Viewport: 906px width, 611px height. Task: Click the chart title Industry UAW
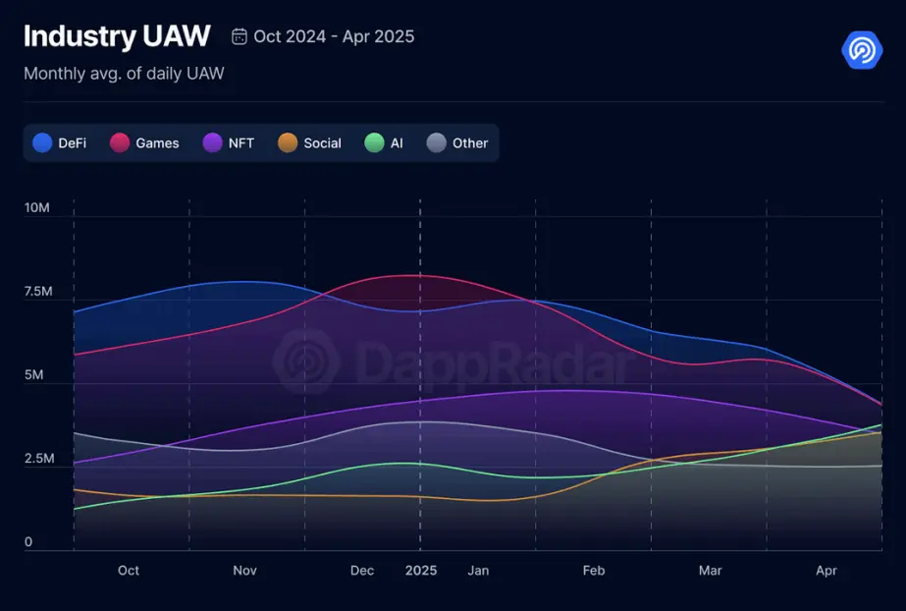[116, 36]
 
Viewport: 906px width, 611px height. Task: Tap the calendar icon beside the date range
[240, 37]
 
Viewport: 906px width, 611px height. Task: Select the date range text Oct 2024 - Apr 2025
[334, 37]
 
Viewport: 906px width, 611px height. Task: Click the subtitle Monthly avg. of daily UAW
[124, 74]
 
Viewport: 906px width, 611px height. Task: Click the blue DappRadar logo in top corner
[862, 49]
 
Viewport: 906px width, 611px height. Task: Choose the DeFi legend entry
[60, 143]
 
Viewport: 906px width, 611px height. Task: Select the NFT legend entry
[229, 143]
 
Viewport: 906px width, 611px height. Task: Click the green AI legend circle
[374, 143]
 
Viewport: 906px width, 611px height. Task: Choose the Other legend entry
[457, 143]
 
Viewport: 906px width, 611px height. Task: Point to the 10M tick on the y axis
[37, 208]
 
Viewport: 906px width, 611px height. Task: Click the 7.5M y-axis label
[37, 292]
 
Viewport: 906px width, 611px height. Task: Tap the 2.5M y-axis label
[37, 459]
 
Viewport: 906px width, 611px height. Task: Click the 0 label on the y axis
[28, 542]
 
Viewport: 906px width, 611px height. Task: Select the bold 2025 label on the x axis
[421, 571]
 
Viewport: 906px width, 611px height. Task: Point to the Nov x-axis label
[245, 571]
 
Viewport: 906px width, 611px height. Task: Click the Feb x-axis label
[594, 571]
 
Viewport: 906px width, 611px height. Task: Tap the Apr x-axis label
[826, 571]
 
